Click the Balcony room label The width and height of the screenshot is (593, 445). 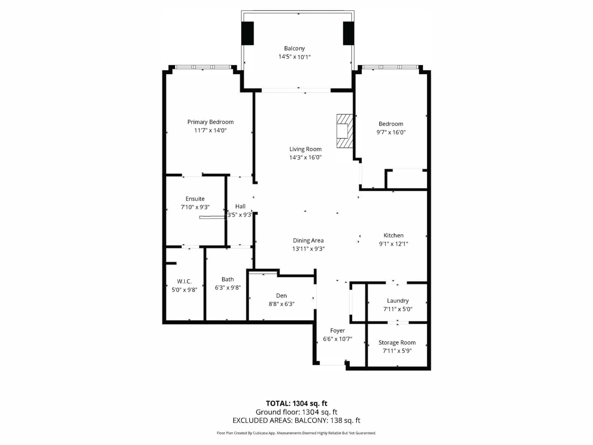(x=294, y=49)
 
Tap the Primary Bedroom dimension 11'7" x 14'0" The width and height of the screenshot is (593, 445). (x=210, y=131)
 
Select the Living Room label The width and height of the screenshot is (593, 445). (x=305, y=149)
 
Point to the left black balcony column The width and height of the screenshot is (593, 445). (x=247, y=33)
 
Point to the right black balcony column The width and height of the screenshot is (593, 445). (x=349, y=33)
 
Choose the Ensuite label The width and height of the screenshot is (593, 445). (x=195, y=199)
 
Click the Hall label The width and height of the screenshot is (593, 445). (x=240, y=206)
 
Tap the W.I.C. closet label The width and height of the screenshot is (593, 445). (x=184, y=281)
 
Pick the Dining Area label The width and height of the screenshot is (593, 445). (x=308, y=241)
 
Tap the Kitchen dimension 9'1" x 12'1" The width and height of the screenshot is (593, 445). (x=393, y=244)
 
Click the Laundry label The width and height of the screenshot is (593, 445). (x=397, y=301)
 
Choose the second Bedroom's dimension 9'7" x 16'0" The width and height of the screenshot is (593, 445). (x=391, y=132)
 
